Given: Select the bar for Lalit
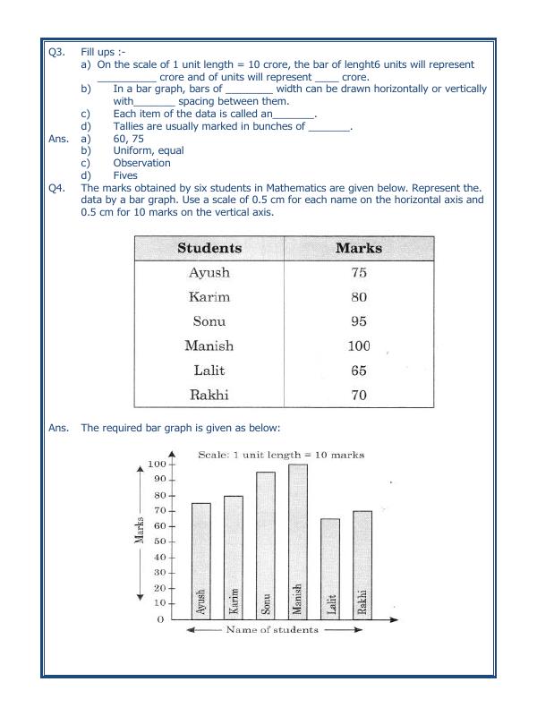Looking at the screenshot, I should [x=328, y=568].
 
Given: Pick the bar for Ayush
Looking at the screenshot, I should [x=201, y=560].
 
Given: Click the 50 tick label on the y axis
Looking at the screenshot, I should [x=158, y=541].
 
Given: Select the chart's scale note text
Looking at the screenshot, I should [x=280, y=455].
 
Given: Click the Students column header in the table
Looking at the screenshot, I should [x=209, y=248].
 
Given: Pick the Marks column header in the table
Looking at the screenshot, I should [x=358, y=248].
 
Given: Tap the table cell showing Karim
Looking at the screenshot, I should [x=209, y=297].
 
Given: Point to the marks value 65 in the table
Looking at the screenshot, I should [x=358, y=369].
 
